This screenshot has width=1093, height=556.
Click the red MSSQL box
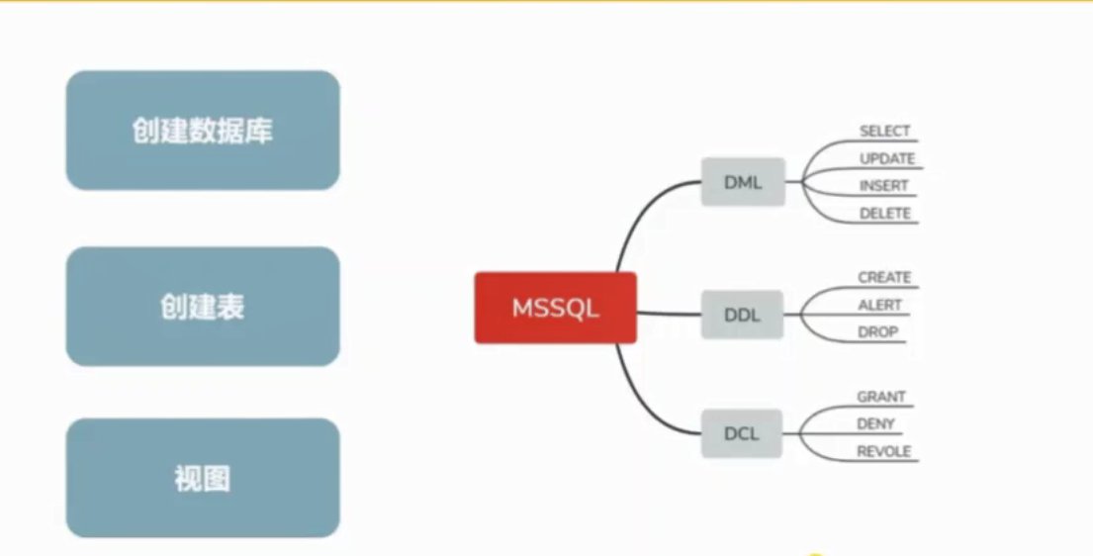point(555,308)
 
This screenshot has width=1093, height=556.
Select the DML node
point(743,182)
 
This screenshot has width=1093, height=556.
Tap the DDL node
point(742,316)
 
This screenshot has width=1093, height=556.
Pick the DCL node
point(742,433)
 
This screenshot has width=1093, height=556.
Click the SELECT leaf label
point(884,132)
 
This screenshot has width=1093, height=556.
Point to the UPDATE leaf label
point(887,158)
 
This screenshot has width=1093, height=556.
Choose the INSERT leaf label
point(883,186)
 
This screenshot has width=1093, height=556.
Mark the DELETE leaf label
point(884,214)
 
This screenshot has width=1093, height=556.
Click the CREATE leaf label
point(884,278)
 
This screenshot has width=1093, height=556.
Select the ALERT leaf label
point(880,306)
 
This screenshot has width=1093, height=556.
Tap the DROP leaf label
point(878,332)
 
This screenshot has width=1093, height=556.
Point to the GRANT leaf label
point(881,397)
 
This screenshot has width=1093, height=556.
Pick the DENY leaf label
point(876,424)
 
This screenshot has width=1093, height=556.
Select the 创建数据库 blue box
point(203,131)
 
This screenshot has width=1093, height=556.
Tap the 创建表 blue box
point(203,307)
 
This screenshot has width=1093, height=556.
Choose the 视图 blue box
point(203,479)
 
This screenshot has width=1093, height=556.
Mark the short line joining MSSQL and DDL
point(669,314)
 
